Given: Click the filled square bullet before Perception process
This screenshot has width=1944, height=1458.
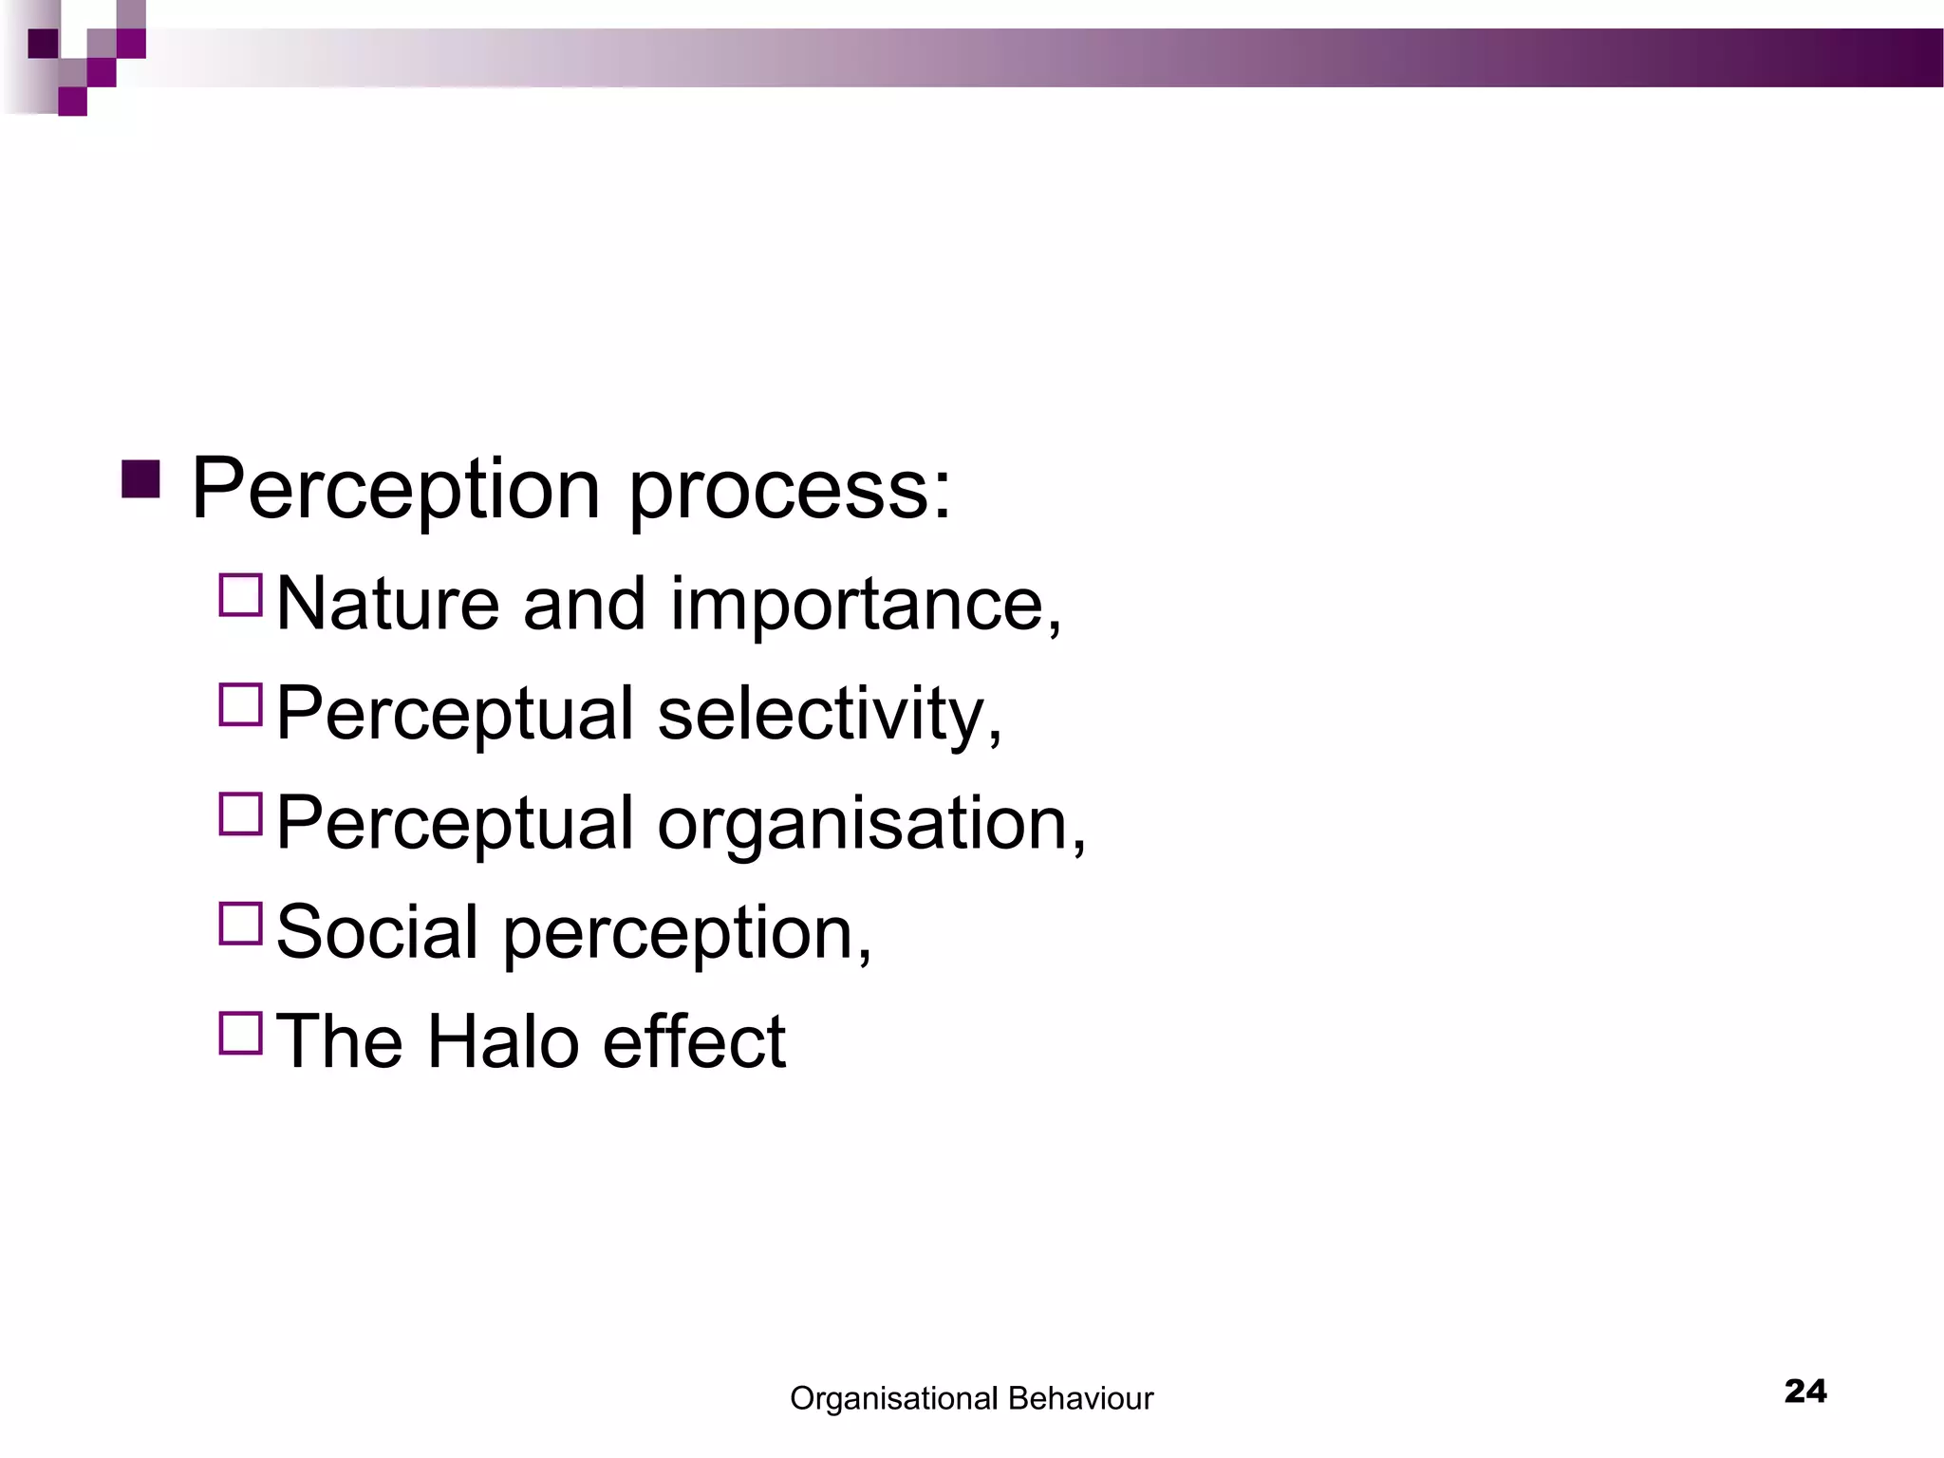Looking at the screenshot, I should click(x=140, y=479).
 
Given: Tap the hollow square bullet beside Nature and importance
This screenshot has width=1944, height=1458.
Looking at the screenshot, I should click(x=240, y=596).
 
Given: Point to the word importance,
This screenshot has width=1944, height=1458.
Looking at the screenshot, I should click(x=866, y=607).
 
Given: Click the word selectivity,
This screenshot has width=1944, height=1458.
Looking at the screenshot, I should click(x=830, y=716).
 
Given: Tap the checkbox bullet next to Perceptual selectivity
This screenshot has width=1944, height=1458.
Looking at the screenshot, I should click(x=240, y=705).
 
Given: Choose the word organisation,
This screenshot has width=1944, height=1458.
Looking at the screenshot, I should click(x=871, y=825).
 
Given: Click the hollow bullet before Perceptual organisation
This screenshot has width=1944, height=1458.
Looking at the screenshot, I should click(x=240, y=814).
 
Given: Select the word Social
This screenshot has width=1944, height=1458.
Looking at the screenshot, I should click(x=377, y=932).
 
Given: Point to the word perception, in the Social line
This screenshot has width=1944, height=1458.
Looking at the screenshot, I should click(x=686, y=935).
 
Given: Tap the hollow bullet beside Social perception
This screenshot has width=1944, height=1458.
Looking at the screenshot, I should click(x=240, y=924).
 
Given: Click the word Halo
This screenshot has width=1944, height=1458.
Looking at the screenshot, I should click(x=502, y=1042).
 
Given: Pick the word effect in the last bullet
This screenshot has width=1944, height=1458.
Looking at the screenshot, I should click(x=694, y=1042).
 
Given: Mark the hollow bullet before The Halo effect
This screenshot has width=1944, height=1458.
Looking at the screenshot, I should click(x=240, y=1033).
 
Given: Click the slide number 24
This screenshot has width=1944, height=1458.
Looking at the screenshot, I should click(x=1805, y=1392).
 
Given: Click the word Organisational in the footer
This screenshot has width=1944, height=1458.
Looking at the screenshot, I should click(x=893, y=1399).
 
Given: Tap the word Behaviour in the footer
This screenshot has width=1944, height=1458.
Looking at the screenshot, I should click(x=1080, y=1398).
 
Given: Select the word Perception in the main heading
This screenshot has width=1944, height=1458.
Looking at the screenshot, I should click(x=396, y=491).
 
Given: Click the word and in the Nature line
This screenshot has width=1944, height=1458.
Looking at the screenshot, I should click(x=584, y=605).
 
